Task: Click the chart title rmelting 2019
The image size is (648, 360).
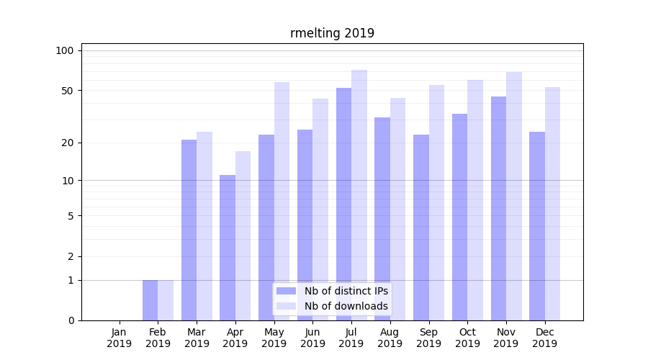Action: pos(332,33)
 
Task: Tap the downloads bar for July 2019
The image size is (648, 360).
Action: pos(359,195)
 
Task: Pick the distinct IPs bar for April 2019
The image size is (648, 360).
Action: pos(228,248)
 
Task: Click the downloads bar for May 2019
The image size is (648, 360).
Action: pos(282,201)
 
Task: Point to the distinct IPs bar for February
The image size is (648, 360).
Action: pos(150,300)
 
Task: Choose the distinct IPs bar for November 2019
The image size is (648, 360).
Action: pos(498,208)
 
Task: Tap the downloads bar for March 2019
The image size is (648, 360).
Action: pos(204,226)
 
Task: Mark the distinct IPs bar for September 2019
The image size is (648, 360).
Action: pos(421,228)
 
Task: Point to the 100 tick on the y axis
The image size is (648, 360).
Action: pos(65,50)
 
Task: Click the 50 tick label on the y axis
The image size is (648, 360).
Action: pos(67,91)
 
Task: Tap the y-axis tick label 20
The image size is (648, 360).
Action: pos(67,143)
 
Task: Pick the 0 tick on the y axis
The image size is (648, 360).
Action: pos(70,320)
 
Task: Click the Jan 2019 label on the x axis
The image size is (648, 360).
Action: pos(120,338)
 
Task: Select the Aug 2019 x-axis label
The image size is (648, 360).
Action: pos(390,338)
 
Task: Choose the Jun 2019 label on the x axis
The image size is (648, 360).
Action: pos(312,338)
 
